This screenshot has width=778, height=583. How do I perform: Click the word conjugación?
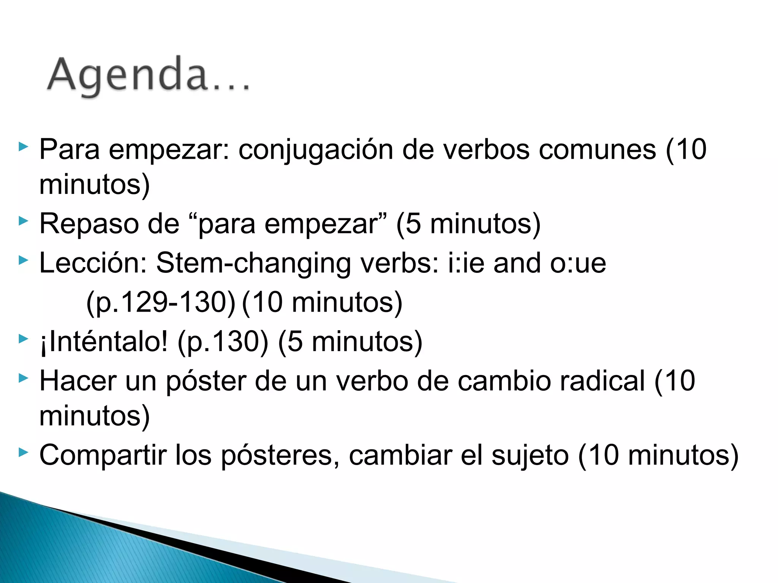pyautogui.click(x=315, y=150)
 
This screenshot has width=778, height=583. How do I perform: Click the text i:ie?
pyautogui.click(x=466, y=263)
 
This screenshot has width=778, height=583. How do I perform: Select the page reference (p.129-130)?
pyautogui.click(x=161, y=303)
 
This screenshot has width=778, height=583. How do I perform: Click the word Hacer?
pyautogui.click(x=78, y=381)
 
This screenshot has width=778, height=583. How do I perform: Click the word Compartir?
pyautogui.click(x=103, y=455)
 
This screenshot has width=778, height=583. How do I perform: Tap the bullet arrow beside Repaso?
pyautogui.click(x=24, y=221)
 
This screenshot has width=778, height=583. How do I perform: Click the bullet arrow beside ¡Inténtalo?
pyautogui.click(x=24, y=338)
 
